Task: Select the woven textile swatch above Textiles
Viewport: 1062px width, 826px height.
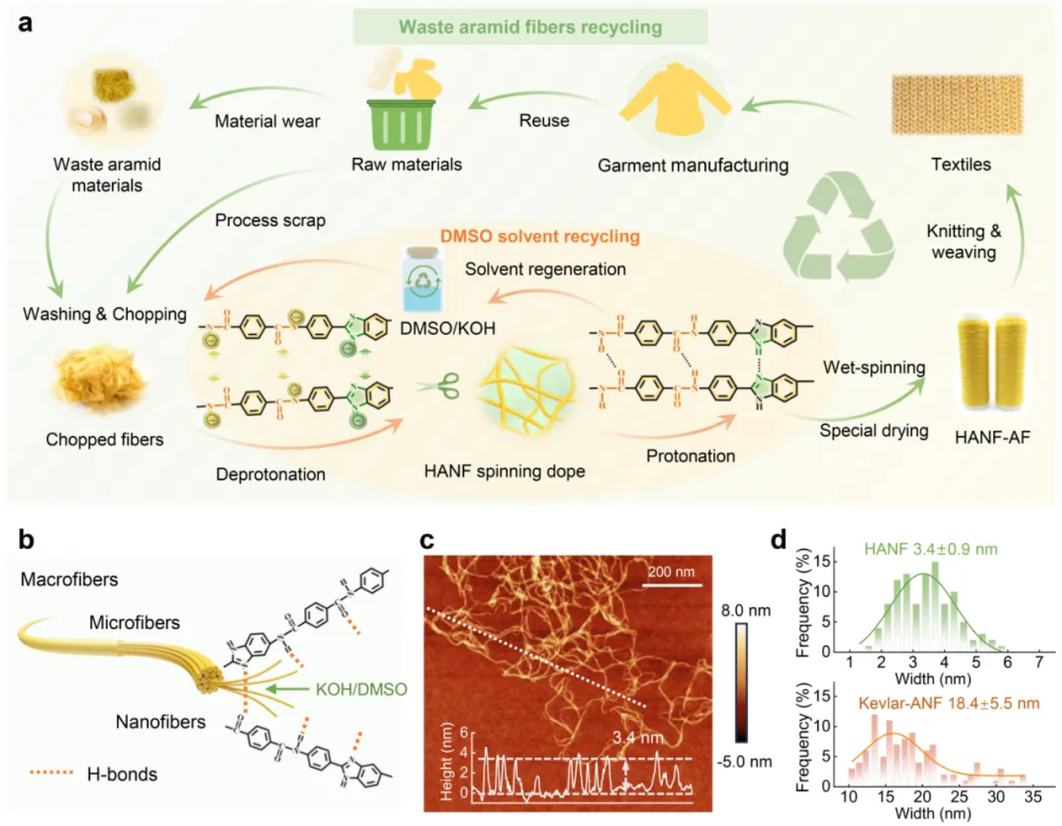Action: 957,104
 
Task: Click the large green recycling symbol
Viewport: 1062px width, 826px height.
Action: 839,228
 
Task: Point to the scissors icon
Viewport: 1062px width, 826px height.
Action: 439,386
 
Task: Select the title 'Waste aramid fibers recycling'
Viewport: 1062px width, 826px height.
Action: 530,27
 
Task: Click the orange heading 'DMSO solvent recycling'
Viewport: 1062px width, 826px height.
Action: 540,236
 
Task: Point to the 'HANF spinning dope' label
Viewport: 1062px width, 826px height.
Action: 504,471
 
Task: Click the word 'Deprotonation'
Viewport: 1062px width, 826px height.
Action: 271,474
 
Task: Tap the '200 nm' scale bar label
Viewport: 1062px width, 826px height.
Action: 671,572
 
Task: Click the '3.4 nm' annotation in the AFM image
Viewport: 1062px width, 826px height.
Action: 638,738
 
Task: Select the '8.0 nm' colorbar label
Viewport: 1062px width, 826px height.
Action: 746,610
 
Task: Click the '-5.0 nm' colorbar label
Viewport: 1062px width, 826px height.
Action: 745,761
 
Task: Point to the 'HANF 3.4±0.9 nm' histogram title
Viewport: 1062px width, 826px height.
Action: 930,549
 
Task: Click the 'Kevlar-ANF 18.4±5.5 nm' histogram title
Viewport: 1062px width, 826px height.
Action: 948,703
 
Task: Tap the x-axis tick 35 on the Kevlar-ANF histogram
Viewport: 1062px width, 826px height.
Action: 1032,797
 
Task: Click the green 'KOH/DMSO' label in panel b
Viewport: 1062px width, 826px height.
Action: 361,689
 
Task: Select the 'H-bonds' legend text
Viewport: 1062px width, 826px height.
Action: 122,774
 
